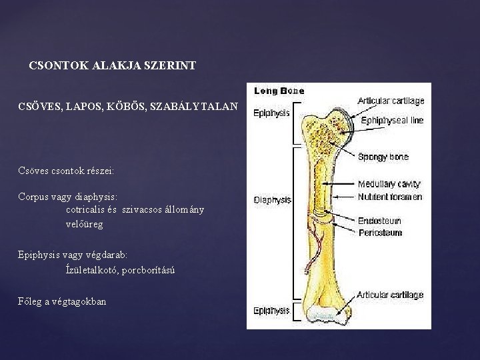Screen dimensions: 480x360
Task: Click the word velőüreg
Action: (85, 224)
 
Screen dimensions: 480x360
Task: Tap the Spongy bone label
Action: (383, 157)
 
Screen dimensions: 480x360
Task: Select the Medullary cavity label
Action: (389, 184)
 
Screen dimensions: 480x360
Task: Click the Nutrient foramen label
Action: (389, 197)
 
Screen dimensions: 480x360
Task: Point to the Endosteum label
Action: (379, 220)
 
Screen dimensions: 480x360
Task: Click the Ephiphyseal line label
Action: (392, 121)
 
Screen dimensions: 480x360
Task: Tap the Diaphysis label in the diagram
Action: (272, 199)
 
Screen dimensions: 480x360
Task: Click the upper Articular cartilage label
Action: (391, 101)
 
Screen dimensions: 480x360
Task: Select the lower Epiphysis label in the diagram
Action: (271, 310)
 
